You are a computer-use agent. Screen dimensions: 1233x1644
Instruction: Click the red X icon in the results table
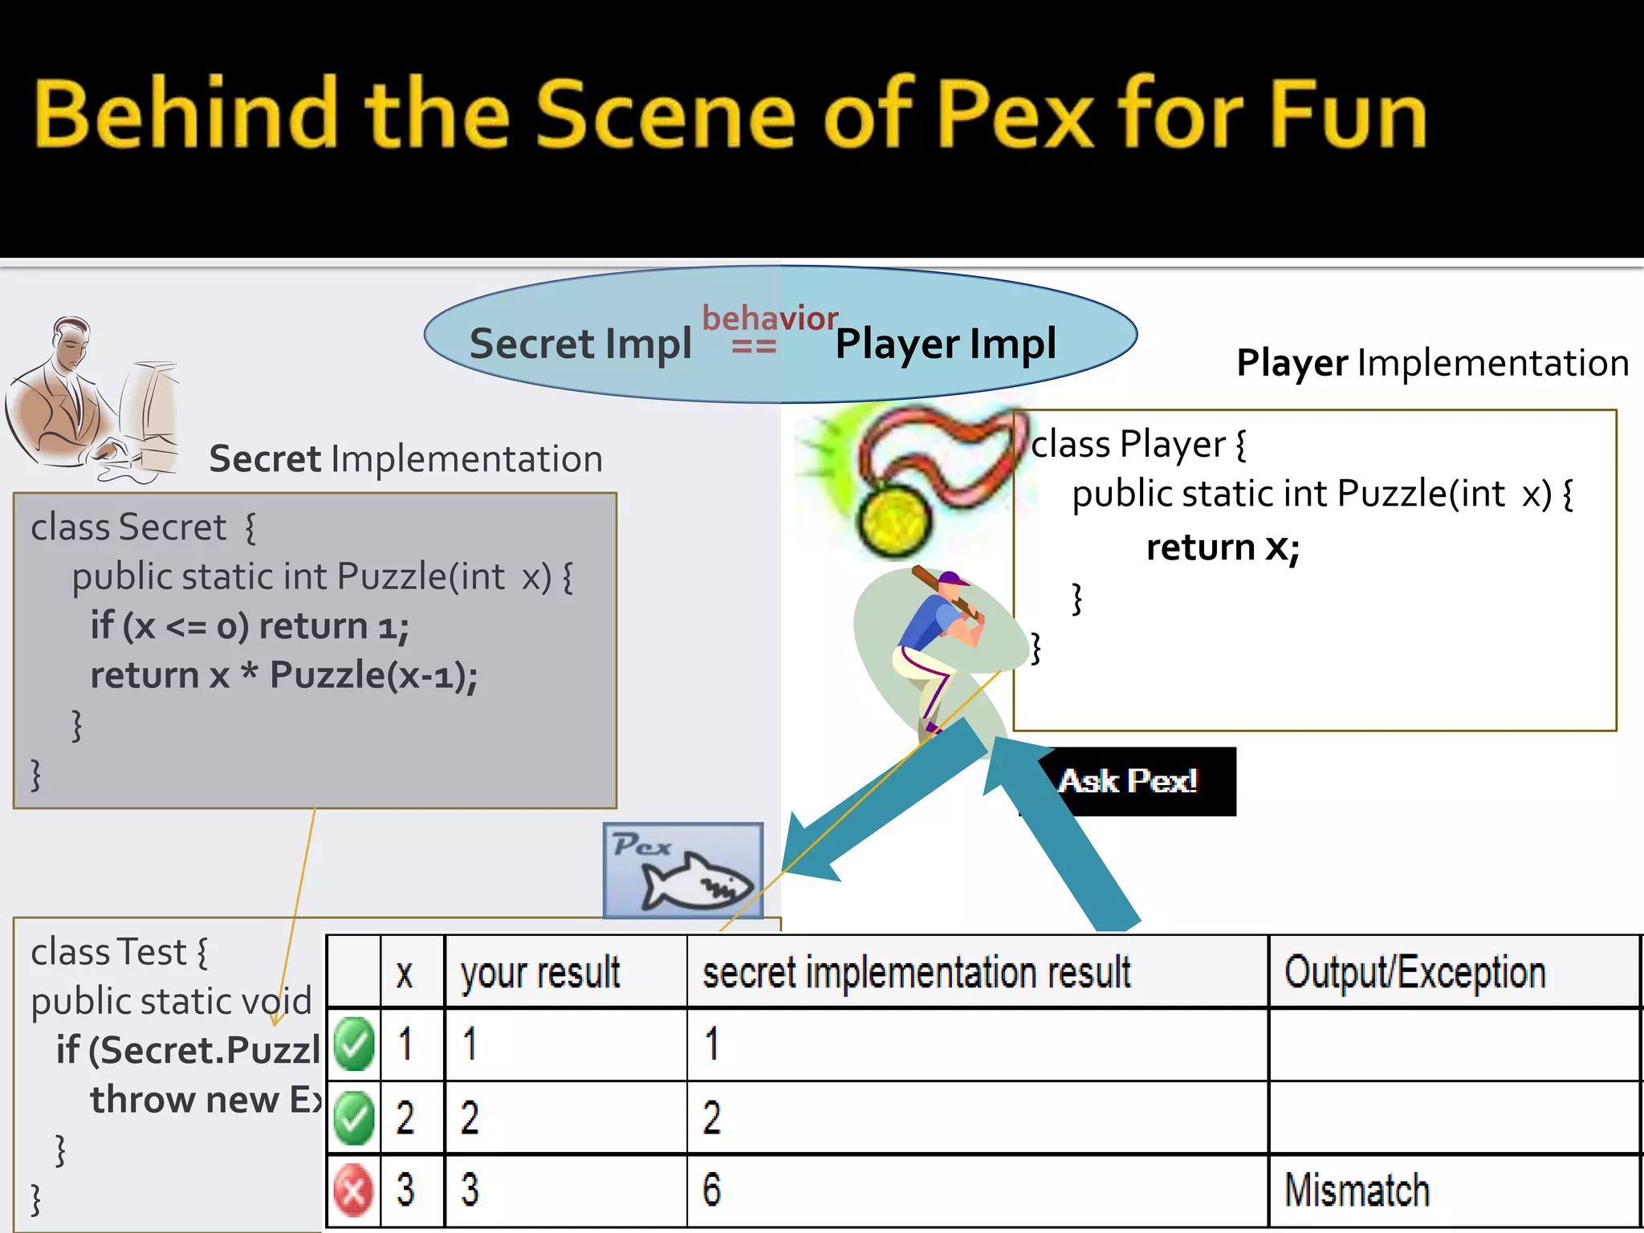coord(353,1190)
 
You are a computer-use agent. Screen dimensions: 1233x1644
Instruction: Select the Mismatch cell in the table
coord(1357,1190)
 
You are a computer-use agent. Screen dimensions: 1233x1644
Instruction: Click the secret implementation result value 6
coord(711,1190)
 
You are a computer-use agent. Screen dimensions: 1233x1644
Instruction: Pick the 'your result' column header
coord(540,972)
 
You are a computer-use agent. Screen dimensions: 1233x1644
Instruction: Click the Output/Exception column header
coord(1414,972)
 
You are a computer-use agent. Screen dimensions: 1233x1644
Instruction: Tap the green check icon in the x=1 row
coord(354,1044)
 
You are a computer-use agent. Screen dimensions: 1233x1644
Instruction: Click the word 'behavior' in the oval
coord(770,319)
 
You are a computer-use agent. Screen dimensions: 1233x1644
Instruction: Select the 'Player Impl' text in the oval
coord(946,344)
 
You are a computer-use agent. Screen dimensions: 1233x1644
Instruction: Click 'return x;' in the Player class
coord(1222,547)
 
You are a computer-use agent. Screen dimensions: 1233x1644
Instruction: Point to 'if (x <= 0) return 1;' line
coord(249,625)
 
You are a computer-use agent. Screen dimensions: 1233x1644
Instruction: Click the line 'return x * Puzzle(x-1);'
coord(283,674)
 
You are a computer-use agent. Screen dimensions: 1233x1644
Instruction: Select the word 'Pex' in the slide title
coord(1016,114)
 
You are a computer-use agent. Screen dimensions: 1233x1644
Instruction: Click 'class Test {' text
coord(119,953)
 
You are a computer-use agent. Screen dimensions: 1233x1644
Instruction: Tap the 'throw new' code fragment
coord(184,1100)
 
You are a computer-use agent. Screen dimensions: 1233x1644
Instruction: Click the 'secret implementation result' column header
coord(916,972)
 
